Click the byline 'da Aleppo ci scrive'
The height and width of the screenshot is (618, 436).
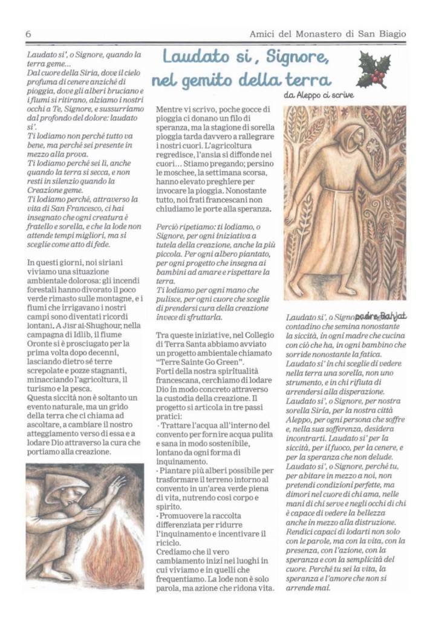[x=319, y=95]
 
